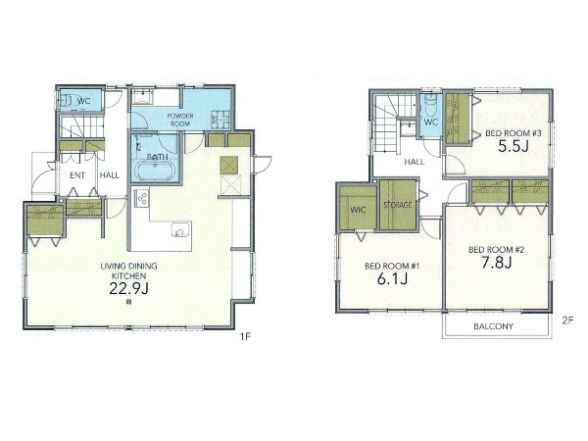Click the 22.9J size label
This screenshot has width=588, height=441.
click(x=128, y=288)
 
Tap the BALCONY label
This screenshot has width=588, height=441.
click(x=493, y=326)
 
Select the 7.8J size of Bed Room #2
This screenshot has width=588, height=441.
click(x=496, y=263)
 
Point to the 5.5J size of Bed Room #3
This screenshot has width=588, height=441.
click(x=513, y=146)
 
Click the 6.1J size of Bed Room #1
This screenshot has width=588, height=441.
click(x=392, y=278)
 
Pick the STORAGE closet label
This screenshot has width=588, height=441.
click(x=398, y=205)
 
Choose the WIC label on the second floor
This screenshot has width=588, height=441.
click(x=358, y=210)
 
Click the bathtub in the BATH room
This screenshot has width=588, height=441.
click(x=156, y=171)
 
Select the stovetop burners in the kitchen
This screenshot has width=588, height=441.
click(x=142, y=197)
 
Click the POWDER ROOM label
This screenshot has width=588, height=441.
click(x=180, y=120)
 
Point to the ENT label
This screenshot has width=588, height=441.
click(x=77, y=175)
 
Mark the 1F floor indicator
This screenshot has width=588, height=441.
click(x=245, y=337)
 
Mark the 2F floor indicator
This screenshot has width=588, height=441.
click(x=567, y=320)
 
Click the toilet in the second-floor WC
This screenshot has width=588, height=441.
click(x=430, y=104)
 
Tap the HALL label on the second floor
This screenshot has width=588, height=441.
click(x=415, y=162)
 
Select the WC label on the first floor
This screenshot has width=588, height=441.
click(x=83, y=101)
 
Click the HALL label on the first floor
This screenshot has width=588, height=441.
click(x=110, y=175)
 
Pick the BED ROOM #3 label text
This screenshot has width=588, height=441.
click(x=514, y=133)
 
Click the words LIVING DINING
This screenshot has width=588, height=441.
click(x=128, y=267)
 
